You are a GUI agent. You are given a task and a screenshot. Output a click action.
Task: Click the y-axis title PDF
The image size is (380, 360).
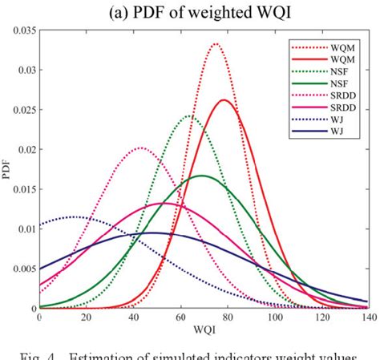(7, 169)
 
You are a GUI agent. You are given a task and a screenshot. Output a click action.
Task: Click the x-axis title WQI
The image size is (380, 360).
(203, 329)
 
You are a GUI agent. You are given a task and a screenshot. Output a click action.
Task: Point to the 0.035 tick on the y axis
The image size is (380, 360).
(22, 30)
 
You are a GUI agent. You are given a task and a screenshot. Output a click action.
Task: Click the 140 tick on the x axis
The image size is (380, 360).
(366, 318)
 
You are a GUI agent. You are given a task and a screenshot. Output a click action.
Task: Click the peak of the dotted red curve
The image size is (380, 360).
(215, 43)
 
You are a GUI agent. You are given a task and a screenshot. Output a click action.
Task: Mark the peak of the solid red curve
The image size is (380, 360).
(224, 99)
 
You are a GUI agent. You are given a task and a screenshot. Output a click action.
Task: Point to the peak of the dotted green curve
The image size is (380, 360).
(189, 115)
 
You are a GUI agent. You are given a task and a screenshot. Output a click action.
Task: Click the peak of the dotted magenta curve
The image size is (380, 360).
(141, 148)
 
